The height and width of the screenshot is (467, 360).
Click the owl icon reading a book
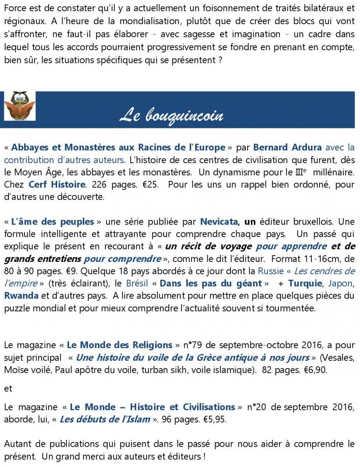click(20, 106)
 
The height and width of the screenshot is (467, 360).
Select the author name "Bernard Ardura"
click(287, 147)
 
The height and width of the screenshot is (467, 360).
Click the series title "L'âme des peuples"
click(52, 222)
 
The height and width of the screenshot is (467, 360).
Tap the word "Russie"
click(271, 271)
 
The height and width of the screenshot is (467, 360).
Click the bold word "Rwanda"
click(21, 296)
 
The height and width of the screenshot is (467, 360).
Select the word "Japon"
click(341, 283)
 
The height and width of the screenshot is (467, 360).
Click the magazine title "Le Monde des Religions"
click(119, 345)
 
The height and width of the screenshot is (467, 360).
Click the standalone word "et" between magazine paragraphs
click(8, 388)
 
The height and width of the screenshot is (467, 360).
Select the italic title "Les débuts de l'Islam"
click(105, 420)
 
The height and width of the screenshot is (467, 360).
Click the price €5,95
click(219, 420)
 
